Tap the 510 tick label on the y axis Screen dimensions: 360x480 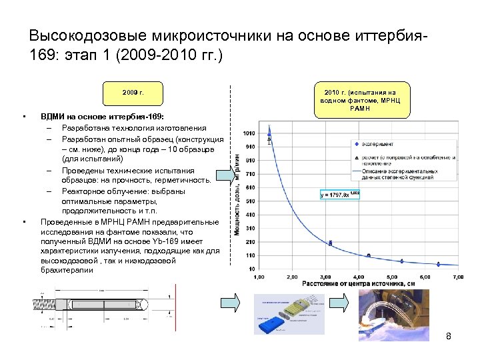pyautogui.click(x=249, y=201)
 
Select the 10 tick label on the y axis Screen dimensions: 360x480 pyautogui.click(x=251, y=269)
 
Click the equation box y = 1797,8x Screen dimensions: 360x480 pyautogui.click(x=340, y=195)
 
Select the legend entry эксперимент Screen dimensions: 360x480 pyautogui.click(x=377, y=144)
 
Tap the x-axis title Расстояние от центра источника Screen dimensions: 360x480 pyautogui.click(x=357, y=284)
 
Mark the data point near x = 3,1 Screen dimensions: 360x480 pyautogui.click(x=330, y=243)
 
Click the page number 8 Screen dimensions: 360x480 pyautogui.click(x=449, y=337)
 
